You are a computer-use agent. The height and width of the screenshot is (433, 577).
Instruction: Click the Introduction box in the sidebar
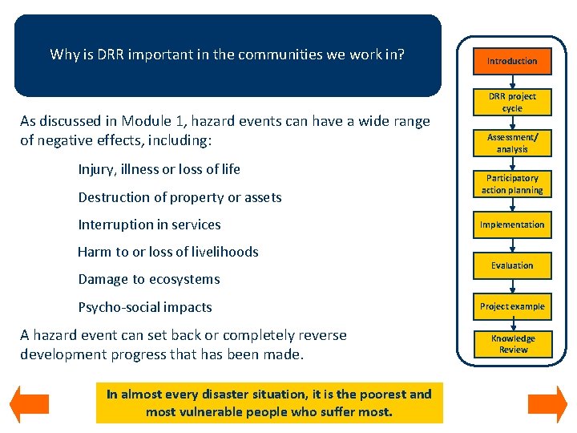[x=512, y=61]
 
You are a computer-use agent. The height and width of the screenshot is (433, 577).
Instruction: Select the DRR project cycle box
[x=512, y=102]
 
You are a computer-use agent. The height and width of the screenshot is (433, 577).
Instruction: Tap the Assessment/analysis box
[x=512, y=143]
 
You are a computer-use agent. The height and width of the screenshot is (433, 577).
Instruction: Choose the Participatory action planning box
[x=512, y=184]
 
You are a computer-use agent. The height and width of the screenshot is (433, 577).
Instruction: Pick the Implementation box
[x=512, y=225]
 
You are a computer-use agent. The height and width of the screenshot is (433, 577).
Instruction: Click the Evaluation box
[x=512, y=265]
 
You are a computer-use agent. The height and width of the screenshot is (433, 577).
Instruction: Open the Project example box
[x=512, y=306]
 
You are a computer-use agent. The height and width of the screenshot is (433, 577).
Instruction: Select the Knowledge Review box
[x=512, y=344]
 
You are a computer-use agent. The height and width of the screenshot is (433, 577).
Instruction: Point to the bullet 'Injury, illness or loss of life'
[x=159, y=169]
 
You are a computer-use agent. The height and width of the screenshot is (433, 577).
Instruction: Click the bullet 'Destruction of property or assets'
[x=180, y=197]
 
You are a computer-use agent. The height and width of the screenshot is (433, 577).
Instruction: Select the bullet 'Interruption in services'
[x=149, y=225]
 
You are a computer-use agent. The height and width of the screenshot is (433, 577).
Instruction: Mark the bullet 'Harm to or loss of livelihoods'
[x=167, y=252]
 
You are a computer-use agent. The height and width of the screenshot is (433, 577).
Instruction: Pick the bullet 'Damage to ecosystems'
[x=148, y=279]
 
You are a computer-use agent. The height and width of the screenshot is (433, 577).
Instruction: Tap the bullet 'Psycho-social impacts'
[x=144, y=307]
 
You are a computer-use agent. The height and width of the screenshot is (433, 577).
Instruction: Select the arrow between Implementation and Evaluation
[x=512, y=245]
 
